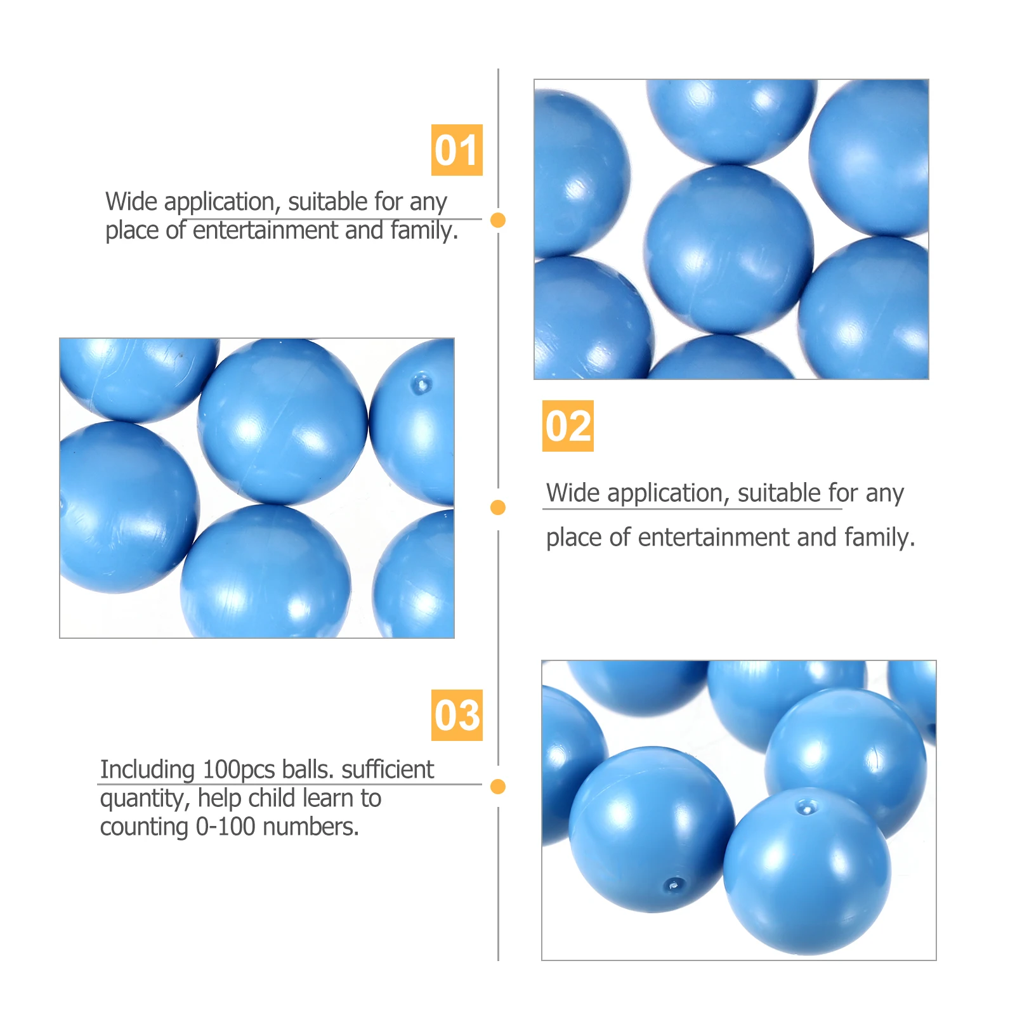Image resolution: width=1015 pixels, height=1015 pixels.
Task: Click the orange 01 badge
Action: (457, 150)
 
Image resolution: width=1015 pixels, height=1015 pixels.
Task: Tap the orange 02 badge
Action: (568, 426)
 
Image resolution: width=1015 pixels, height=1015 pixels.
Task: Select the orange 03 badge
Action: (457, 715)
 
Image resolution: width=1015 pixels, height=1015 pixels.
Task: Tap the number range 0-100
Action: (225, 827)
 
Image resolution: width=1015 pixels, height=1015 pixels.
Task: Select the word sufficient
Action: (388, 769)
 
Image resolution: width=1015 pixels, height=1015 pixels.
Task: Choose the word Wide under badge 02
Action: (572, 493)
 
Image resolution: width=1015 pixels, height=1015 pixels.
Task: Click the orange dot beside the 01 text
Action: (498, 220)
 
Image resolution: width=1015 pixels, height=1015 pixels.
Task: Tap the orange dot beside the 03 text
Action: (498, 787)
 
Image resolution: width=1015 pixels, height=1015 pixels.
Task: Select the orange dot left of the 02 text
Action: (498, 507)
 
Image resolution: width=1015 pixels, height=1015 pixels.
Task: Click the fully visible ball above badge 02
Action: (729, 249)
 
